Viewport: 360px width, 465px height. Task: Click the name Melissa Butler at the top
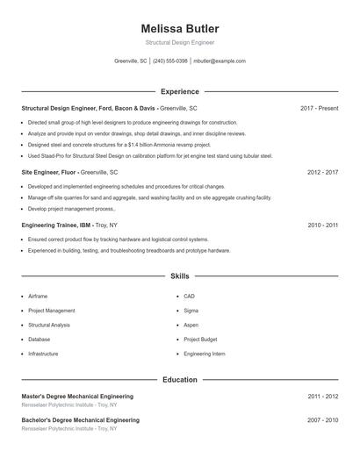(x=180, y=29)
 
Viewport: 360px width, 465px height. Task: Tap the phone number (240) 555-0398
(x=170, y=61)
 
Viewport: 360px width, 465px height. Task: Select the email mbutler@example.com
(x=219, y=61)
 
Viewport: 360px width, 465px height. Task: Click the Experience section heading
(x=180, y=91)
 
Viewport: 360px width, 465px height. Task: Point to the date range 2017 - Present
(x=319, y=108)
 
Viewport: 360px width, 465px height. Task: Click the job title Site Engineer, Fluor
(x=50, y=173)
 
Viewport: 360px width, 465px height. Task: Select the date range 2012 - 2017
(x=322, y=173)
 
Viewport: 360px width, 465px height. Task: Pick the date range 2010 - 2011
(x=322, y=225)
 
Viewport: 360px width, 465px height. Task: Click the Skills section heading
(x=180, y=276)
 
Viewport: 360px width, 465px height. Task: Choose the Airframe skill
(x=38, y=297)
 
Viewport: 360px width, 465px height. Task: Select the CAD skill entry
(x=190, y=297)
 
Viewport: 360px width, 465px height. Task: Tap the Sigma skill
(x=191, y=311)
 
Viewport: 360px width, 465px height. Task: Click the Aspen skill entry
(x=191, y=325)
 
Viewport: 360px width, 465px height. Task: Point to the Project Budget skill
(x=200, y=339)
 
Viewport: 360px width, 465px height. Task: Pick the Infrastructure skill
(x=43, y=354)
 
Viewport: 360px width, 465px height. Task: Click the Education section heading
(x=180, y=380)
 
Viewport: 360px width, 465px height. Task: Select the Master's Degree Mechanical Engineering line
(x=77, y=397)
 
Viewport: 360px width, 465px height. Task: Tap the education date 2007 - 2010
(x=322, y=420)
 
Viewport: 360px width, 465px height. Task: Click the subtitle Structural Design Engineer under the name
(x=180, y=42)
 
